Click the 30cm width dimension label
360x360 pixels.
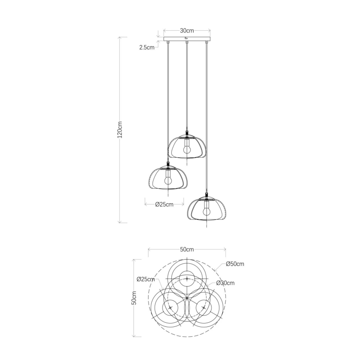pos(187,31)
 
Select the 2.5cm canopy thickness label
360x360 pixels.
pos(147,47)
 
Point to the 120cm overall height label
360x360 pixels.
pos(120,129)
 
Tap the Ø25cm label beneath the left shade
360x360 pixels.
pos(164,204)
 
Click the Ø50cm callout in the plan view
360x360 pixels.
pos(235,264)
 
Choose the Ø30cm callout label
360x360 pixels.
pos(226,283)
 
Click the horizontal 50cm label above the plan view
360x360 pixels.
pos(187,249)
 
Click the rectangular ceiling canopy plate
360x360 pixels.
pos(187,40)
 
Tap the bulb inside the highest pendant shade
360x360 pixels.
pos(187,146)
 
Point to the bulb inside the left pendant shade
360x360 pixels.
pos(168,178)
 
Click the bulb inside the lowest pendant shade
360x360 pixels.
pos(206,209)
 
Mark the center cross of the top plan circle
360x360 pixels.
pos(187,278)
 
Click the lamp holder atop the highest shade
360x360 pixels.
pos(187,134)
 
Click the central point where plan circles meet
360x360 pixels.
pos(187,298)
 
